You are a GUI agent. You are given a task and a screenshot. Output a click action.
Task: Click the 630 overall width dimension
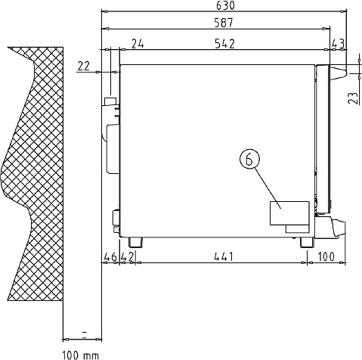click(x=225, y=6)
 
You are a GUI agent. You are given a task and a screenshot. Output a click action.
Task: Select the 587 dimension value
click(x=224, y=23)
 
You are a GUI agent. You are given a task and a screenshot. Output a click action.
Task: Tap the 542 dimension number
click(x=225, y=44)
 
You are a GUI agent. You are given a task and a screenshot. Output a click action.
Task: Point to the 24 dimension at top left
click(x=138, y=44)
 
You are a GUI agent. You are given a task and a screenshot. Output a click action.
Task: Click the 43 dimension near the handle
click(x=338, y=44)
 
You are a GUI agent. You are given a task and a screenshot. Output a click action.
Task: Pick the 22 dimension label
click(x=83, y=67)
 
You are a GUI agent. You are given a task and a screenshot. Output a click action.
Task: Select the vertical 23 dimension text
click(x=353, y=98)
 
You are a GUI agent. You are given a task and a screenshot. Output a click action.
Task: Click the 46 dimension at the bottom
click(x=110, y=257)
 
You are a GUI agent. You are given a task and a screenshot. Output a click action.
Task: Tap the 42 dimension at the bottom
click(x=127, y=257)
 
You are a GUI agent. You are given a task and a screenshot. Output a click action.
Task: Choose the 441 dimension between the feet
click(x=224, y=257)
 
